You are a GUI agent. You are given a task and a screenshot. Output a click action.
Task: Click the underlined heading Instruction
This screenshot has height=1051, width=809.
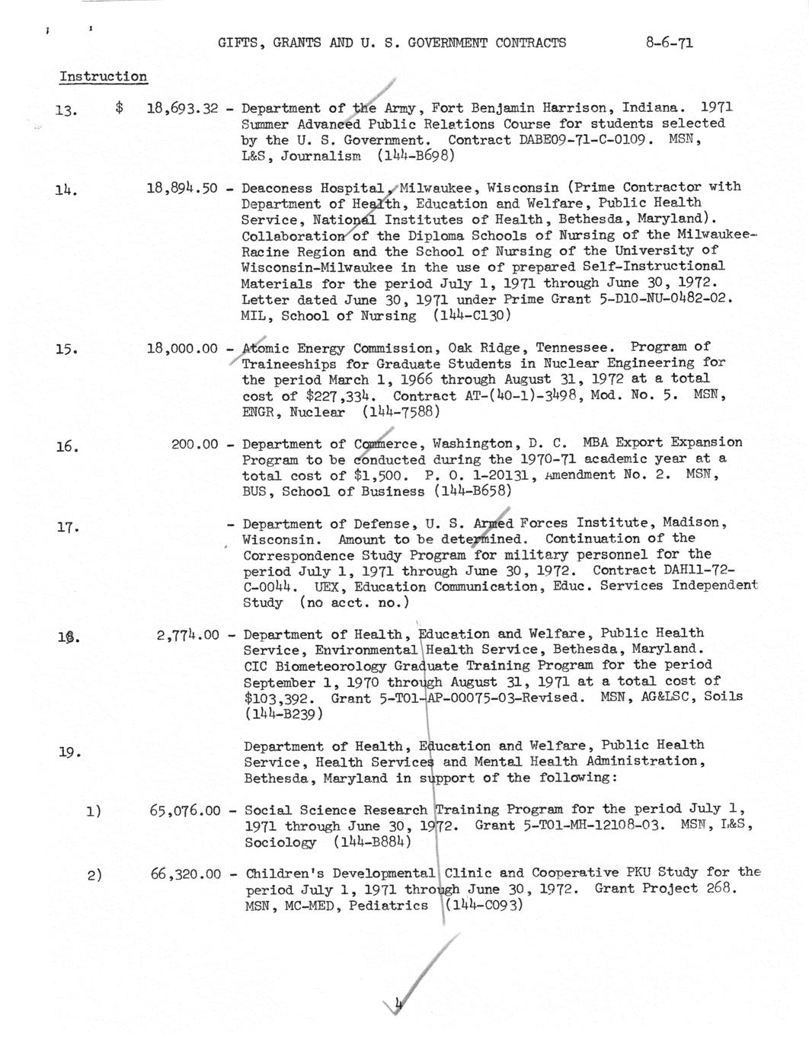coord(103,77)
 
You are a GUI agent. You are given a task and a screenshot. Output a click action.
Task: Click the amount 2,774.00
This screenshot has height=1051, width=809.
coord(187,634)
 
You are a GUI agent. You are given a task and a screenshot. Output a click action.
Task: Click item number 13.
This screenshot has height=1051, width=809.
coord(66,111)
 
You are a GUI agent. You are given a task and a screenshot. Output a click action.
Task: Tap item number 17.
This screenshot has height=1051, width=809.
coord(68,526)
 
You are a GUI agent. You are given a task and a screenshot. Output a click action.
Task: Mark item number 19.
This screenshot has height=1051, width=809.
coord(69,753)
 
